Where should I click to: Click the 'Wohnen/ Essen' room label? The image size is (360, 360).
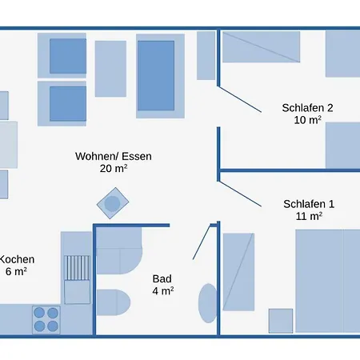coord(114,156)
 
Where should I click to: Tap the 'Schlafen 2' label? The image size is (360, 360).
coord(307,108)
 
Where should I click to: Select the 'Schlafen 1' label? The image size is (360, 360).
coord(309,204)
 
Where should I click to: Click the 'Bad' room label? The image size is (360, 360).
coord(162,279)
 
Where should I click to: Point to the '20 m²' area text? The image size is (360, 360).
coord(114,168)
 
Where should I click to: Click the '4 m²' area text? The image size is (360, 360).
coord(163,290)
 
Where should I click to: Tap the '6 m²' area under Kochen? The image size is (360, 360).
coord(16,271)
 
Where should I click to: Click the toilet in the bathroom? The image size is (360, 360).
coord(114,302)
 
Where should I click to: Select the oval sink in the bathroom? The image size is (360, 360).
coord(208,303)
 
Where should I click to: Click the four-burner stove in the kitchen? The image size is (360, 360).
coord(46,320)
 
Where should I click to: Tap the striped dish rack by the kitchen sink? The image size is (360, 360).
coord(77,268)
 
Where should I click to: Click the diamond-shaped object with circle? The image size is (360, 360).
coord(113,203)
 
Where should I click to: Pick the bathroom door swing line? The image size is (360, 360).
coord(202,242)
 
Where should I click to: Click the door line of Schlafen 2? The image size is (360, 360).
coord(240,99)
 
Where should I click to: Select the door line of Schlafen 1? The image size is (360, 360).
coord(240,194)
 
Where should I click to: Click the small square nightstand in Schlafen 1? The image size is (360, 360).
coord(281,321)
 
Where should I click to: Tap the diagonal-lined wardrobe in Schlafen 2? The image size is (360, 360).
coord(262,47)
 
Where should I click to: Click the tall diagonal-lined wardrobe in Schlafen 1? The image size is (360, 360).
coord(238,272)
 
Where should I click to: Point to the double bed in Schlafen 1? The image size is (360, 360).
coord(328,281)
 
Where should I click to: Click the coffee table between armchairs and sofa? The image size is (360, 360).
coord(110,69)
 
